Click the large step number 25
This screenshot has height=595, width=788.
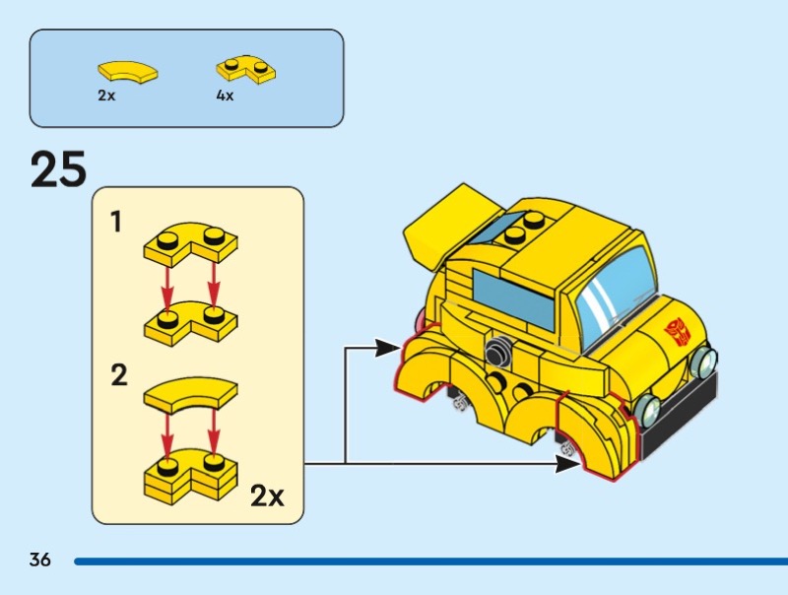click(x=58, y=169)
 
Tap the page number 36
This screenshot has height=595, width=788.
click(x=39, y=560)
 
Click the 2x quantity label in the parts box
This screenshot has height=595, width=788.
click(x=106, y=95)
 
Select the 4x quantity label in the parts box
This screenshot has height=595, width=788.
click(x=225, y=95)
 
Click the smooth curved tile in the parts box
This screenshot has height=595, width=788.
click(x=127, y=71)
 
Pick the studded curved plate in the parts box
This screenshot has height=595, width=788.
click(x=246, y=69)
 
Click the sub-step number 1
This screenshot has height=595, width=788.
click(x=116, y=222)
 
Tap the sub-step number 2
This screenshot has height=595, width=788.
click(x=119, y=375)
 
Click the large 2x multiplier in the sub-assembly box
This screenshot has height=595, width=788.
click(x=267, y=496)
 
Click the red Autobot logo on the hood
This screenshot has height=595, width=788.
click(x=678, y=332)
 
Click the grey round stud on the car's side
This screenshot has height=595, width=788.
click(x=496, y=351)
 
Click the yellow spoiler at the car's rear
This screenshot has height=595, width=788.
click(x=445, y=227)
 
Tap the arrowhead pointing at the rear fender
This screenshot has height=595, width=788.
click(x=388, y=348)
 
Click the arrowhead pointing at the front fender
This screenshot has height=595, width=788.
click(x=568, y=463)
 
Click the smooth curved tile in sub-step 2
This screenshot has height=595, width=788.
click(x=191, y=395)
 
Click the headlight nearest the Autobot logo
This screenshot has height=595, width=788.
click(x=704, y=359)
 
